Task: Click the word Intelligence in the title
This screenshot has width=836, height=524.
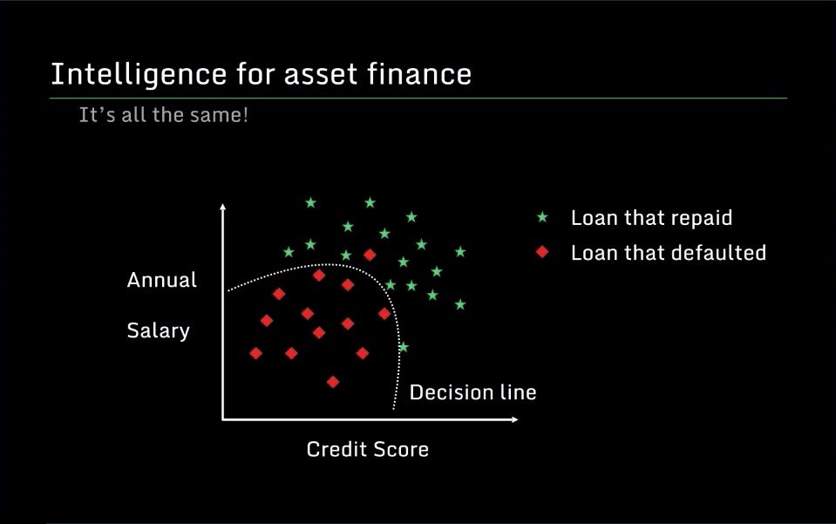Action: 139,75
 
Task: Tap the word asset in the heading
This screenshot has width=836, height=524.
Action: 321,74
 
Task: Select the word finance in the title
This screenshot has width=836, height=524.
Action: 419,73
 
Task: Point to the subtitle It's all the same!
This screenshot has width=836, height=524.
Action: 164,114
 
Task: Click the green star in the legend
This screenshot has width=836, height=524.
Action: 542,217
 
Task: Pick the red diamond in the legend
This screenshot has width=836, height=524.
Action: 542,252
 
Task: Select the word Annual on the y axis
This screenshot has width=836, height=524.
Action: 162,280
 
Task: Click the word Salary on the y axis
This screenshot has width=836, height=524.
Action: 159,331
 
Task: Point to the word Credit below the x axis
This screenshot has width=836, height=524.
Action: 336,449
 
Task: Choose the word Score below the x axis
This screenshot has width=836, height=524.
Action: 400,449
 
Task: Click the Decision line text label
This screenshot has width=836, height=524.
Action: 472,392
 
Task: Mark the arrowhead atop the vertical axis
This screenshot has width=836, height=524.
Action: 223,207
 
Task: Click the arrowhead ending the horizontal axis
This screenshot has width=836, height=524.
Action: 514,419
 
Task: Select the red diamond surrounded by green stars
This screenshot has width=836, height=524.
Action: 370,255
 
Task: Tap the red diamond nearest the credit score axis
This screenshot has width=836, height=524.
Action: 333,382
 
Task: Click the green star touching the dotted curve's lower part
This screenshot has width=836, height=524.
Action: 404,348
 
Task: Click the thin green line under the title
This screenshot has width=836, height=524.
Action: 418,98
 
